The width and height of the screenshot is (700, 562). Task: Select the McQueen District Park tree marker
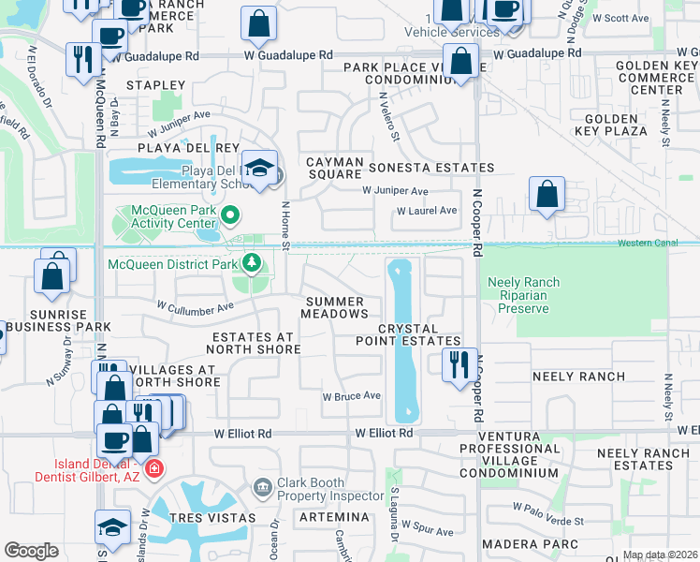tap(251, 264)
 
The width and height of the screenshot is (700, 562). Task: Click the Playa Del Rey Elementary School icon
tap(260, 168)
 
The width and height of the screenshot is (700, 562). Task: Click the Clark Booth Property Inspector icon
tap(262, 485)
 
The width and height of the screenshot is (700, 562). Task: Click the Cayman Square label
tap(335, 168)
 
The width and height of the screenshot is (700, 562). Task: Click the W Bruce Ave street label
tap(351, 396)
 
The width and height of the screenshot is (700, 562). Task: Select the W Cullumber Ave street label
tap(195, 306)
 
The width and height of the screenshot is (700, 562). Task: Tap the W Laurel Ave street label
tap(427, 211)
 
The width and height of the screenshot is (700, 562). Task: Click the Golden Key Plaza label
tap(616, 131)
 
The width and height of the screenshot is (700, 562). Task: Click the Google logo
tap(31, 551)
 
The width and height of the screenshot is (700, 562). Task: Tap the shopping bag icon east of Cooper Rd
tap(547, 194)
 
